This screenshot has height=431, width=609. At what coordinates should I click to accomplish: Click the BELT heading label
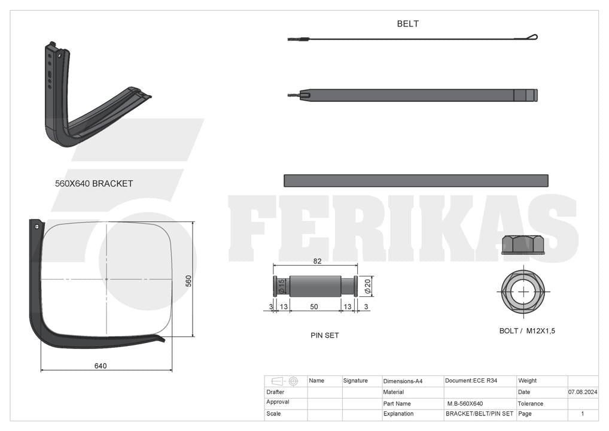point(407,24)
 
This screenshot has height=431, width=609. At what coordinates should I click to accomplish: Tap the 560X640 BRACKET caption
point(94,183)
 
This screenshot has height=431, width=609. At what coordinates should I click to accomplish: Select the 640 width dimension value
point(101,366)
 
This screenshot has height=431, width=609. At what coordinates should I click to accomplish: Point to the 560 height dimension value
point(188,281)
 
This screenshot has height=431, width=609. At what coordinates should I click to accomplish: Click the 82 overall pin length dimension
point(317,261)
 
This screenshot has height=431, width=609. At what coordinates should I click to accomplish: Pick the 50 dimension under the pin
point(314,306)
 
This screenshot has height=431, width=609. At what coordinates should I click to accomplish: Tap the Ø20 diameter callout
point(368,286)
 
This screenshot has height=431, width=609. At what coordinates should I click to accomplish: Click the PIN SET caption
point(325,335)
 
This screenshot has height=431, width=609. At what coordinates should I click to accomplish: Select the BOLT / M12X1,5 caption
point(527,330)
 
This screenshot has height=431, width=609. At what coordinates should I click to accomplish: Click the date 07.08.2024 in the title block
point(583,392)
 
